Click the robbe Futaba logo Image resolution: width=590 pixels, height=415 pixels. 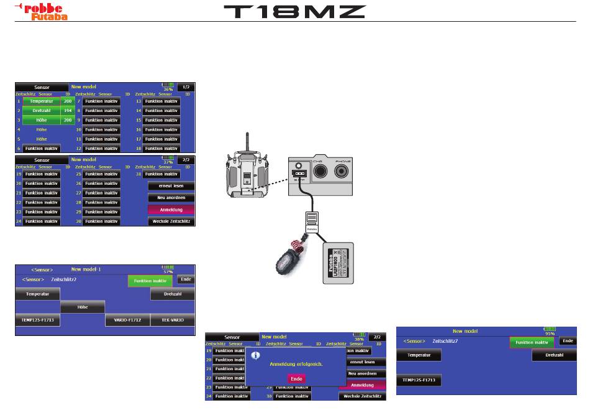[x=41, y=11]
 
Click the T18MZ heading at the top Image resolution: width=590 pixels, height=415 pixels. [x=294, y=12]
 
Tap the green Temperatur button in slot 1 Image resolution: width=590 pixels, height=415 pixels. [x=42, y=101]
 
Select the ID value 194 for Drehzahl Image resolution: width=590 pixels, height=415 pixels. [x=68, y=110]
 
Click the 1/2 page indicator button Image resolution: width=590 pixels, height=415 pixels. [x=185, y=86]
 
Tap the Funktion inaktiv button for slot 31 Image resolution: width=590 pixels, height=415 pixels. [x=161, y=174]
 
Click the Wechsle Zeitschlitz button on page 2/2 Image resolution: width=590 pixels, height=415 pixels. [x=171, y=221]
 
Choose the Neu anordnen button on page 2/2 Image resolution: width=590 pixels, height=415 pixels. [x=171, y=197]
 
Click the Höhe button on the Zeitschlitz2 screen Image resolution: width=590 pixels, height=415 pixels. [x=83, y=307]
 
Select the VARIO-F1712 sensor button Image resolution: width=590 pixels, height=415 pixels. [x=127, y=320]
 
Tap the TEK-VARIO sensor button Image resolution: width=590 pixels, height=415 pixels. [x=173, y=320]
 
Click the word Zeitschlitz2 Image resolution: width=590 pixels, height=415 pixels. [x=64, y=280]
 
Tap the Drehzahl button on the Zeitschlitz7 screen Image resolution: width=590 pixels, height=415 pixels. [x=554, y=355]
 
